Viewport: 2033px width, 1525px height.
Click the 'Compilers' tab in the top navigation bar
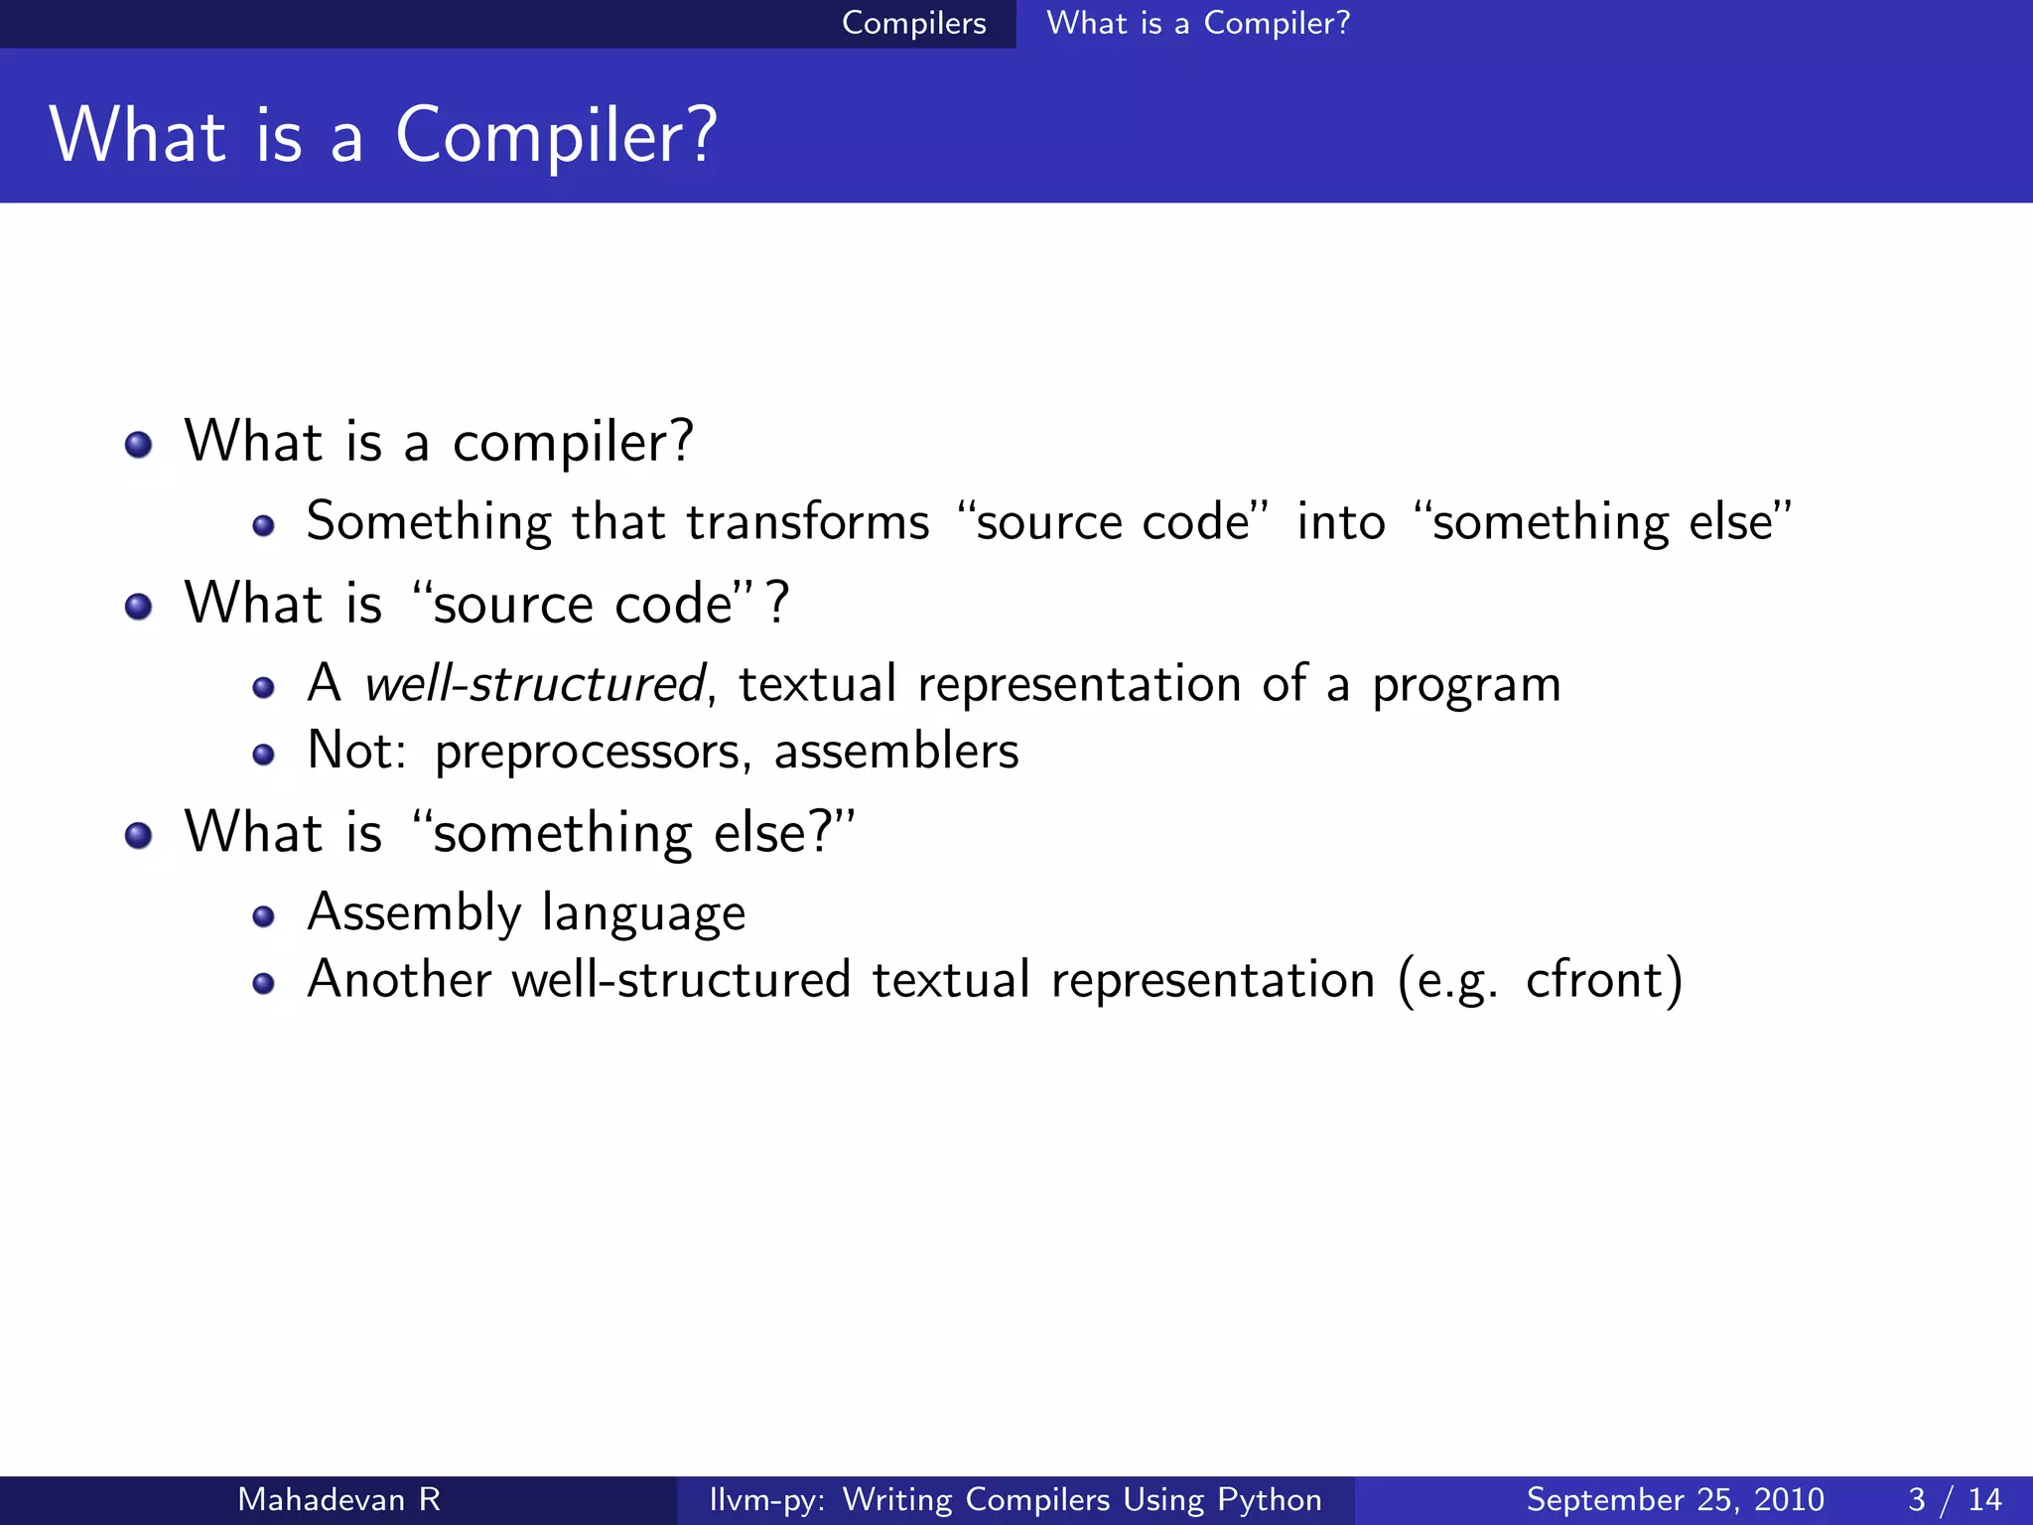(913, 23)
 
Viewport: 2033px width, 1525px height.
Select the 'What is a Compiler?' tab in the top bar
(1198, 23)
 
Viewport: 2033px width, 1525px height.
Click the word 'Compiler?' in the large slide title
(556, 136)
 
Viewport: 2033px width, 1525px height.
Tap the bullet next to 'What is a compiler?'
(139, 444)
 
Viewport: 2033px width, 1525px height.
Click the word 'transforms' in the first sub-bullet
(807, 522)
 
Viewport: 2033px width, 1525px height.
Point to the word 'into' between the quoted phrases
(1340, 522)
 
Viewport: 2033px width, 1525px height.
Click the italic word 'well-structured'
(534, 684)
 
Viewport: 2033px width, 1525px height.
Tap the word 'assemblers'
(895, 751)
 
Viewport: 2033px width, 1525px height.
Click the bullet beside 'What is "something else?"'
(139, 835)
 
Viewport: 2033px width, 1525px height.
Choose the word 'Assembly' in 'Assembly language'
(414, 913)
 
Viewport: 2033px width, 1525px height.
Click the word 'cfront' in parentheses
(1593, 980)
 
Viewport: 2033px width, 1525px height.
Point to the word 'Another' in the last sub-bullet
(399, 980)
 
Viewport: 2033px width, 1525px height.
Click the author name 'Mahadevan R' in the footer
(339, 1499)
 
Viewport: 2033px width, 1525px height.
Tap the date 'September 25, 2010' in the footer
(1675, 1499)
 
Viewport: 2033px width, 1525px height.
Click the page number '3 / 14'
(1954, 1499)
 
